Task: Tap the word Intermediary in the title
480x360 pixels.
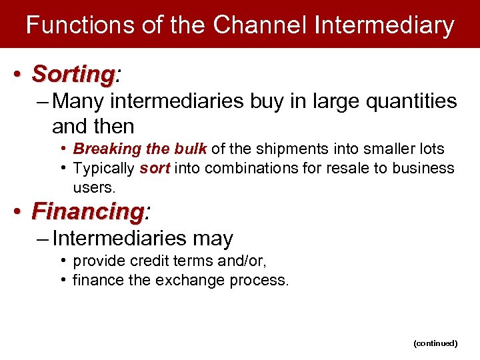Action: point(385,25)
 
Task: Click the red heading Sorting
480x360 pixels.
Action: point(73,73)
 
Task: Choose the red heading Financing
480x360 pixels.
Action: point(87,212)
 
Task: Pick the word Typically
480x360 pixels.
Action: point(104,168)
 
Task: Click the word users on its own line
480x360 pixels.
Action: point(94,188)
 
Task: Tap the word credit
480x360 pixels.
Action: point(140,261)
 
